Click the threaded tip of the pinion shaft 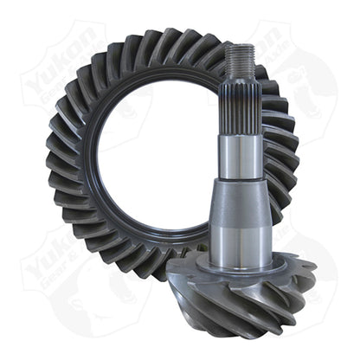click(240, 59)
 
